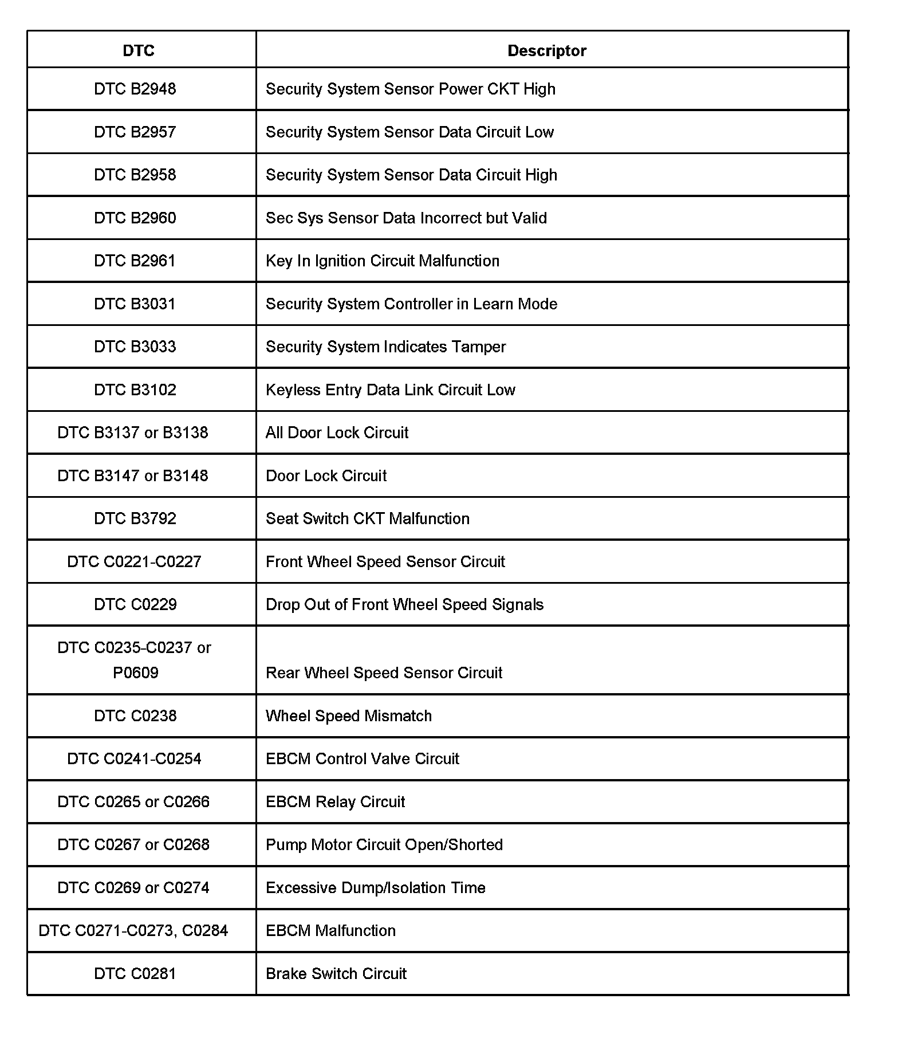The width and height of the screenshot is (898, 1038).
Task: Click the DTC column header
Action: pos(139,51)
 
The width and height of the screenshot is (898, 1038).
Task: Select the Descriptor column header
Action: pos(547,51)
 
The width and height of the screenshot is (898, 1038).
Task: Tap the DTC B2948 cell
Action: pos(135,89)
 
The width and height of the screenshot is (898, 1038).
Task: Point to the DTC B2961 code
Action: pos(135,261)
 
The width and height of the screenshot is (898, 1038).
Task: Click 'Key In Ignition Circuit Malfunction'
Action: pos(383,261)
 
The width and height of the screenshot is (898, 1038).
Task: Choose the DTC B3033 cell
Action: pos(135,347)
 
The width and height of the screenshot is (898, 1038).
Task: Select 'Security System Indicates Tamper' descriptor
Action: pos(386,347)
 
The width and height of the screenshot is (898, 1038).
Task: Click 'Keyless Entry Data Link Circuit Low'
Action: pos(391,390)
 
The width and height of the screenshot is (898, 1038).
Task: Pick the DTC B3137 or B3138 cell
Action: pos(133,433)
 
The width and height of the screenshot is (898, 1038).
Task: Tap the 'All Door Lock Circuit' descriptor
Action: pos(337,433)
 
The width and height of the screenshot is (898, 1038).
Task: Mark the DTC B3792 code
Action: pos(135,518)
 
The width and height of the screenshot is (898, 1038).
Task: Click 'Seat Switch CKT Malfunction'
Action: pos(368,518)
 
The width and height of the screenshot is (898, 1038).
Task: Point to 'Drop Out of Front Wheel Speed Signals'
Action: pos(405,604)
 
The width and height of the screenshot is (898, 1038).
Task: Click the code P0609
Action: pos(136,673)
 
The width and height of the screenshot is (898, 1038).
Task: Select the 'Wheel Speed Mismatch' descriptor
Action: pos(349,715)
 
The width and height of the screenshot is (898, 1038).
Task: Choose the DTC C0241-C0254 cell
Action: pos(135,758)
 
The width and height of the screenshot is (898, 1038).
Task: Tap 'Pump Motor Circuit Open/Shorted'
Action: pos(384,844)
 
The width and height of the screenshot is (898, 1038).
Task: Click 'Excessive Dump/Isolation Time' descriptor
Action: pos(376,887)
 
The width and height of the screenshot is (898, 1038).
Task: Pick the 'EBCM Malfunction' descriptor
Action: pos(331,930)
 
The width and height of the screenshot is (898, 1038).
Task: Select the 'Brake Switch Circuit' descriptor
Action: pos(336,973)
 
